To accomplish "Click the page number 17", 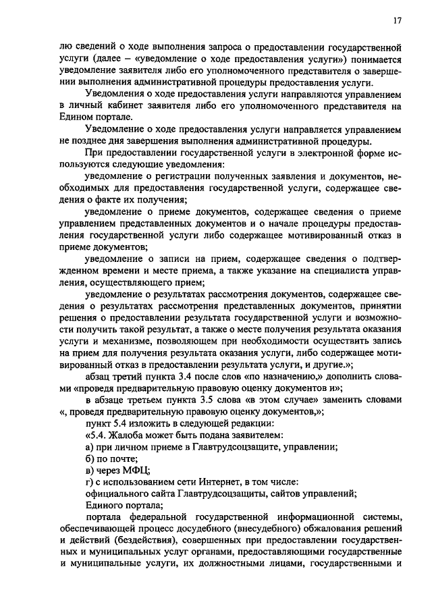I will click(x=398, y=21).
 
